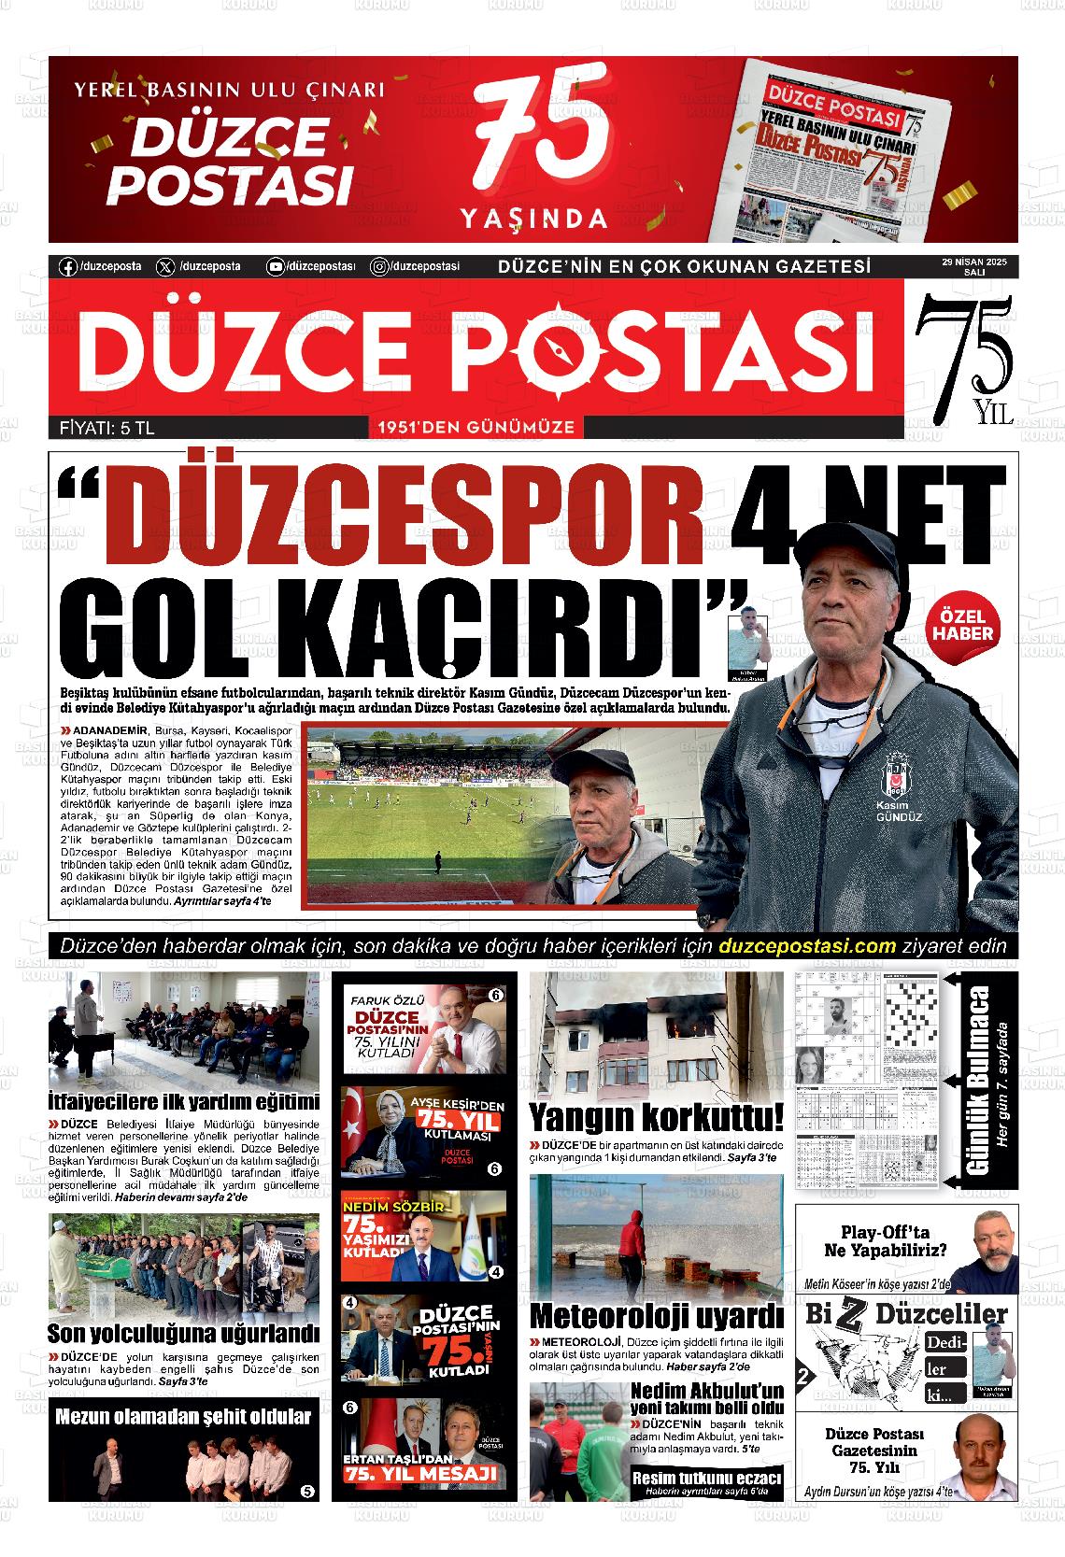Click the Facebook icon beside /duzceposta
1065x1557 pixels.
[67, 267]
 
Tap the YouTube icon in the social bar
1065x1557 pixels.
[276, 267]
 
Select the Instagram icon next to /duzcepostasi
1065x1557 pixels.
[380, 267]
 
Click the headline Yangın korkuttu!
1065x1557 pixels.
[656, 1117]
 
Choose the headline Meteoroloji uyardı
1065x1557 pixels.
[656, 1315]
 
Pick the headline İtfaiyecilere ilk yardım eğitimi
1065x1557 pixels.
[184, 1101]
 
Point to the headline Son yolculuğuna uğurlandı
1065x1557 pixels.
[183, 1332]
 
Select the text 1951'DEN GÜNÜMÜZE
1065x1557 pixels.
[476, 429]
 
